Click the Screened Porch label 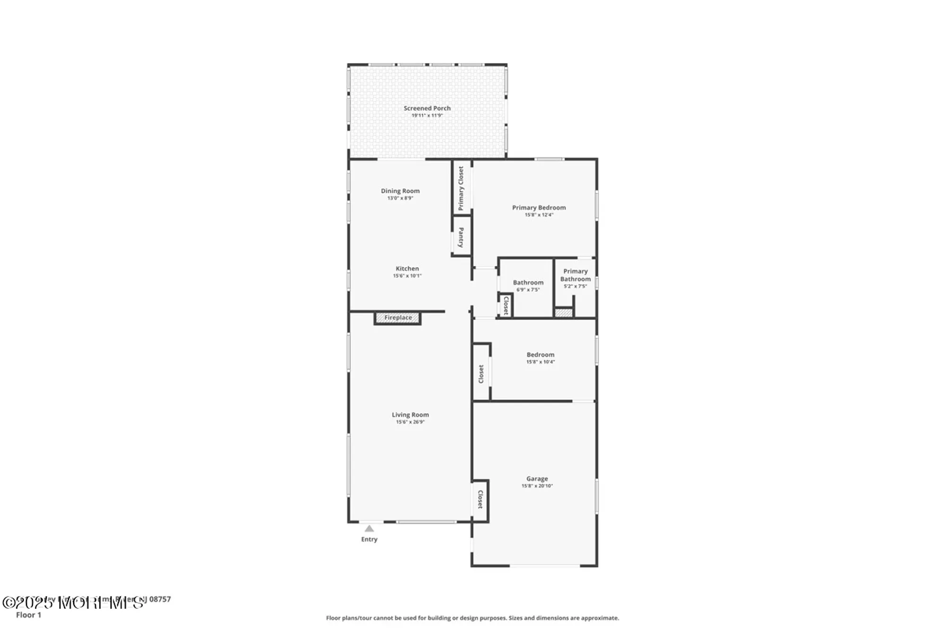427,108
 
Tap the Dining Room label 400,191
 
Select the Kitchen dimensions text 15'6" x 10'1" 407,276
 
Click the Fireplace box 398,318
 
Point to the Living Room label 410,414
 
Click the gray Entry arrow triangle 369,529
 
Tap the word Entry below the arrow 369,539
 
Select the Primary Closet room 461,188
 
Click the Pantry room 461,237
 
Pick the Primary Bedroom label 539,207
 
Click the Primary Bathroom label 575,275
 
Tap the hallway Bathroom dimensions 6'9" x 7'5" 528,290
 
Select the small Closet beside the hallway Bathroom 506,305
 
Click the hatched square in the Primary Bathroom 563,313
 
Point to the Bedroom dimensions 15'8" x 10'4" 540,362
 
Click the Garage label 537,479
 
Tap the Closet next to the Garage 480,500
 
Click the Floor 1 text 28,615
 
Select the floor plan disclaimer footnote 472,618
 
